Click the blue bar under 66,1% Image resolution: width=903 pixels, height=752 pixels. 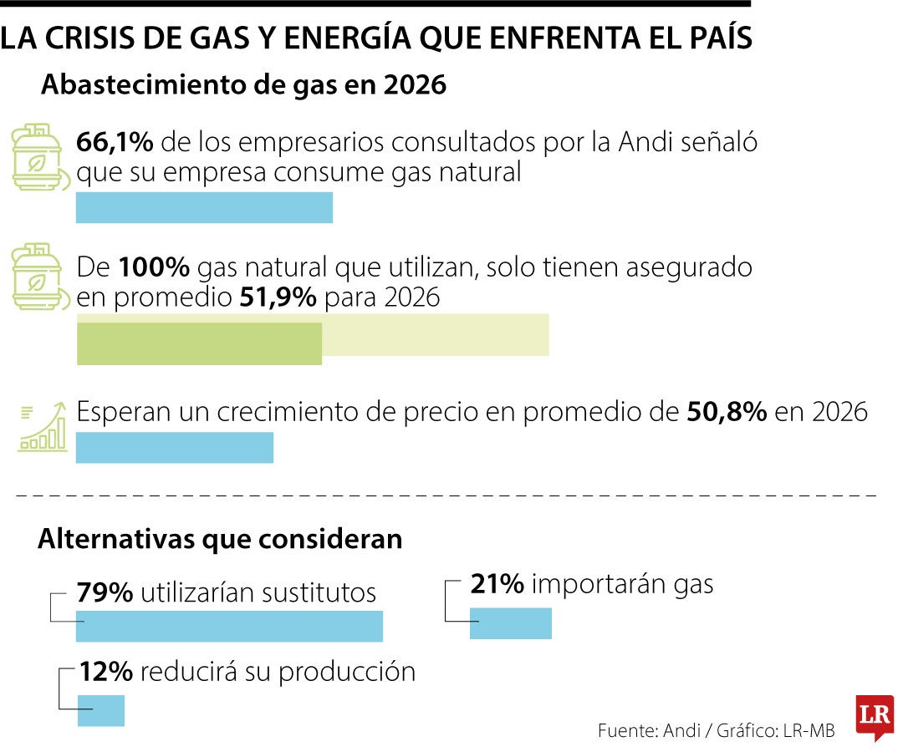point(204,208)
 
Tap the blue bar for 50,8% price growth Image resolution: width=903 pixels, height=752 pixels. point(174,448)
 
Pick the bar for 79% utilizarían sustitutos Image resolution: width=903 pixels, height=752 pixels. point(229,627)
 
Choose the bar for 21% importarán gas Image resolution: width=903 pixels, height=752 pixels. point(510,623)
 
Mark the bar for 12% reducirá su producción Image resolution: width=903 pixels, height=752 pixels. point(100,710)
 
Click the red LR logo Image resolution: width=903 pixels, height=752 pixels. point(875,717)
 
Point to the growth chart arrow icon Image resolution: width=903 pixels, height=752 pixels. point(43,427)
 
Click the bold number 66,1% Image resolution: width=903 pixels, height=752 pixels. point(115,143)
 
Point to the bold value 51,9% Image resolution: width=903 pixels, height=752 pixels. point(278,297)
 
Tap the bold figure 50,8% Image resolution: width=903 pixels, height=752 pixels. point(726,413)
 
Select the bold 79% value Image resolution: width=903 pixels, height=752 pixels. point(105,592)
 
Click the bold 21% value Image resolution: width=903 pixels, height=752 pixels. point(497,584)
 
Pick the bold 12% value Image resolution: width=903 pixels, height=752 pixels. point(106,672)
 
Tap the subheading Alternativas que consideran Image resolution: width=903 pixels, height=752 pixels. point(220,540)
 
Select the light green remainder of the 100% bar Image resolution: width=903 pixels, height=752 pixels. point(435,335)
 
